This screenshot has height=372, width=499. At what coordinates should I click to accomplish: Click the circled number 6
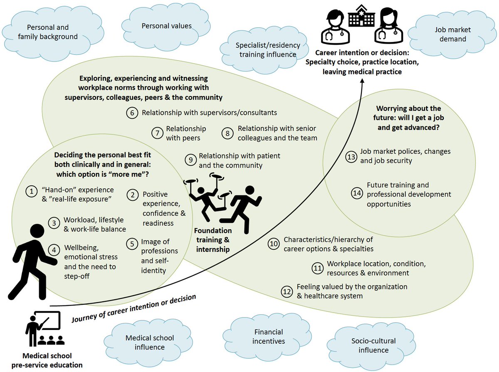coord(132,113)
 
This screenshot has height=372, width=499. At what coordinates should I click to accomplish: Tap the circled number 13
coord(351,156)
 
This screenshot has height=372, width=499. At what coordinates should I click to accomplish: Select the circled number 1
coord(30,191)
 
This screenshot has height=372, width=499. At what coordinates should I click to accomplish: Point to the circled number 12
coord(287,291)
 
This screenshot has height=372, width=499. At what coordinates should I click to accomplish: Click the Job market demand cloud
coord(450,34)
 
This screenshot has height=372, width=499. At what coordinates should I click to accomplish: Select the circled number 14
coord(357,194)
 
